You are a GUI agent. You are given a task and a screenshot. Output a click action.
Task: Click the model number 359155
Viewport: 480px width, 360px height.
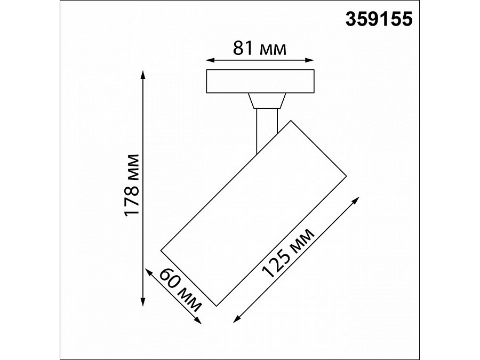(x=379, y=20)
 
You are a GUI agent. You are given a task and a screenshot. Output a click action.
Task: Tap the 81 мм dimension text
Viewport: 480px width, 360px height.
(x=260, y=49)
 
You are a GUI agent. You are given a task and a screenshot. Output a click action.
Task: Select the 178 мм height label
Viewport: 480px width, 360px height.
(x=131, y=185)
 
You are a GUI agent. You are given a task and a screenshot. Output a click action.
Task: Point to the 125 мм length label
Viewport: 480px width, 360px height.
(x=289, y=253)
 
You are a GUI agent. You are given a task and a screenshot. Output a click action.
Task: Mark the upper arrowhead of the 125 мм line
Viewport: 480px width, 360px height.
(x=356, y=199)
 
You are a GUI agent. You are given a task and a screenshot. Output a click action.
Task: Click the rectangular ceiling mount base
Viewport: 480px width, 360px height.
(x=260, y=81)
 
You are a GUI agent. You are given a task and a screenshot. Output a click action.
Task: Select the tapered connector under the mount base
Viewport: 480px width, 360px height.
(x=267, y=101)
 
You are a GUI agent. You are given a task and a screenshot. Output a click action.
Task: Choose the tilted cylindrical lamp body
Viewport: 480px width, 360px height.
(x=254, y=213)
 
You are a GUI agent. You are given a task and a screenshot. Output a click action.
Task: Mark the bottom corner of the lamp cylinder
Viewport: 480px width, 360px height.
(x=216, y=306)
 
